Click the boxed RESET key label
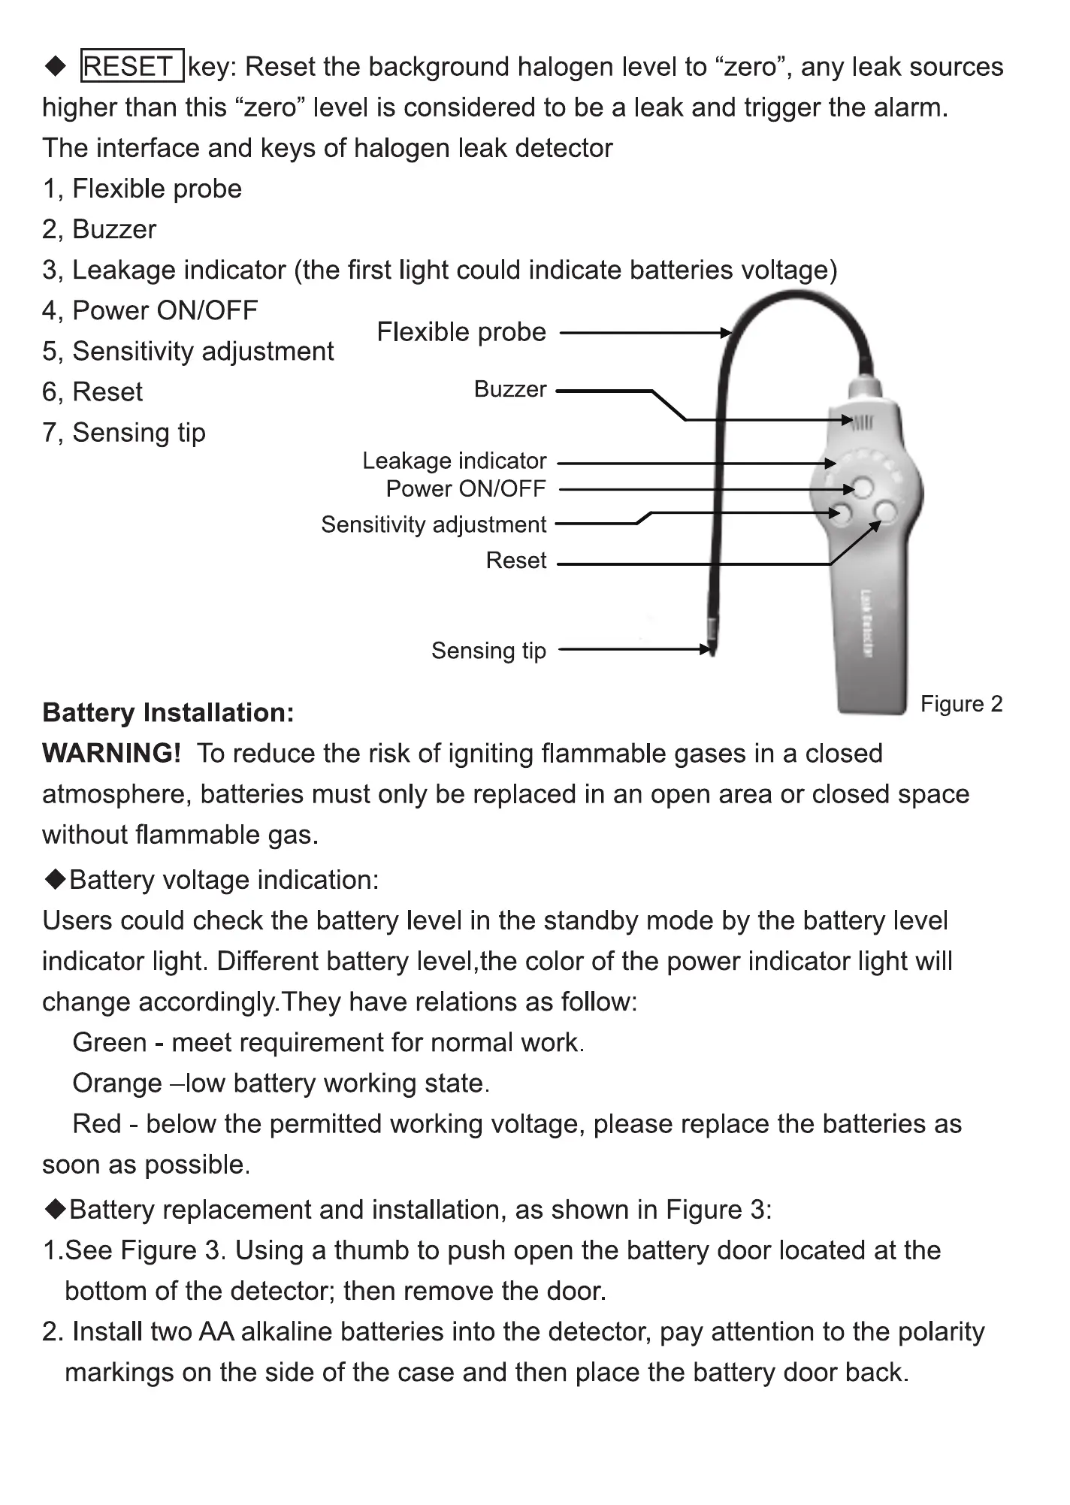point(131,67)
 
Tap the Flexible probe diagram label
point(461,332)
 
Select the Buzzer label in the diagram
point(510,389)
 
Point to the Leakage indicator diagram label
point(454,461)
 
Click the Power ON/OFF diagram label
point(466,488)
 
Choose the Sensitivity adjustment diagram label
point(434,524)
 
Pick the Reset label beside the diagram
point(516,561)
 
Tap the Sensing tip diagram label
point(488,651)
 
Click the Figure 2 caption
point(961,704)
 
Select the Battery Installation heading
point(168,712)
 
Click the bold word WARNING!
point(112,753)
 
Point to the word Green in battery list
point(110,1043)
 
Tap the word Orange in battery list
point(116,1083)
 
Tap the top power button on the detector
point(863,488)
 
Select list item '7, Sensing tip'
point(124,433)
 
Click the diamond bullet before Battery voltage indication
point(55,880)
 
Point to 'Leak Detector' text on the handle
point(866,624)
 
